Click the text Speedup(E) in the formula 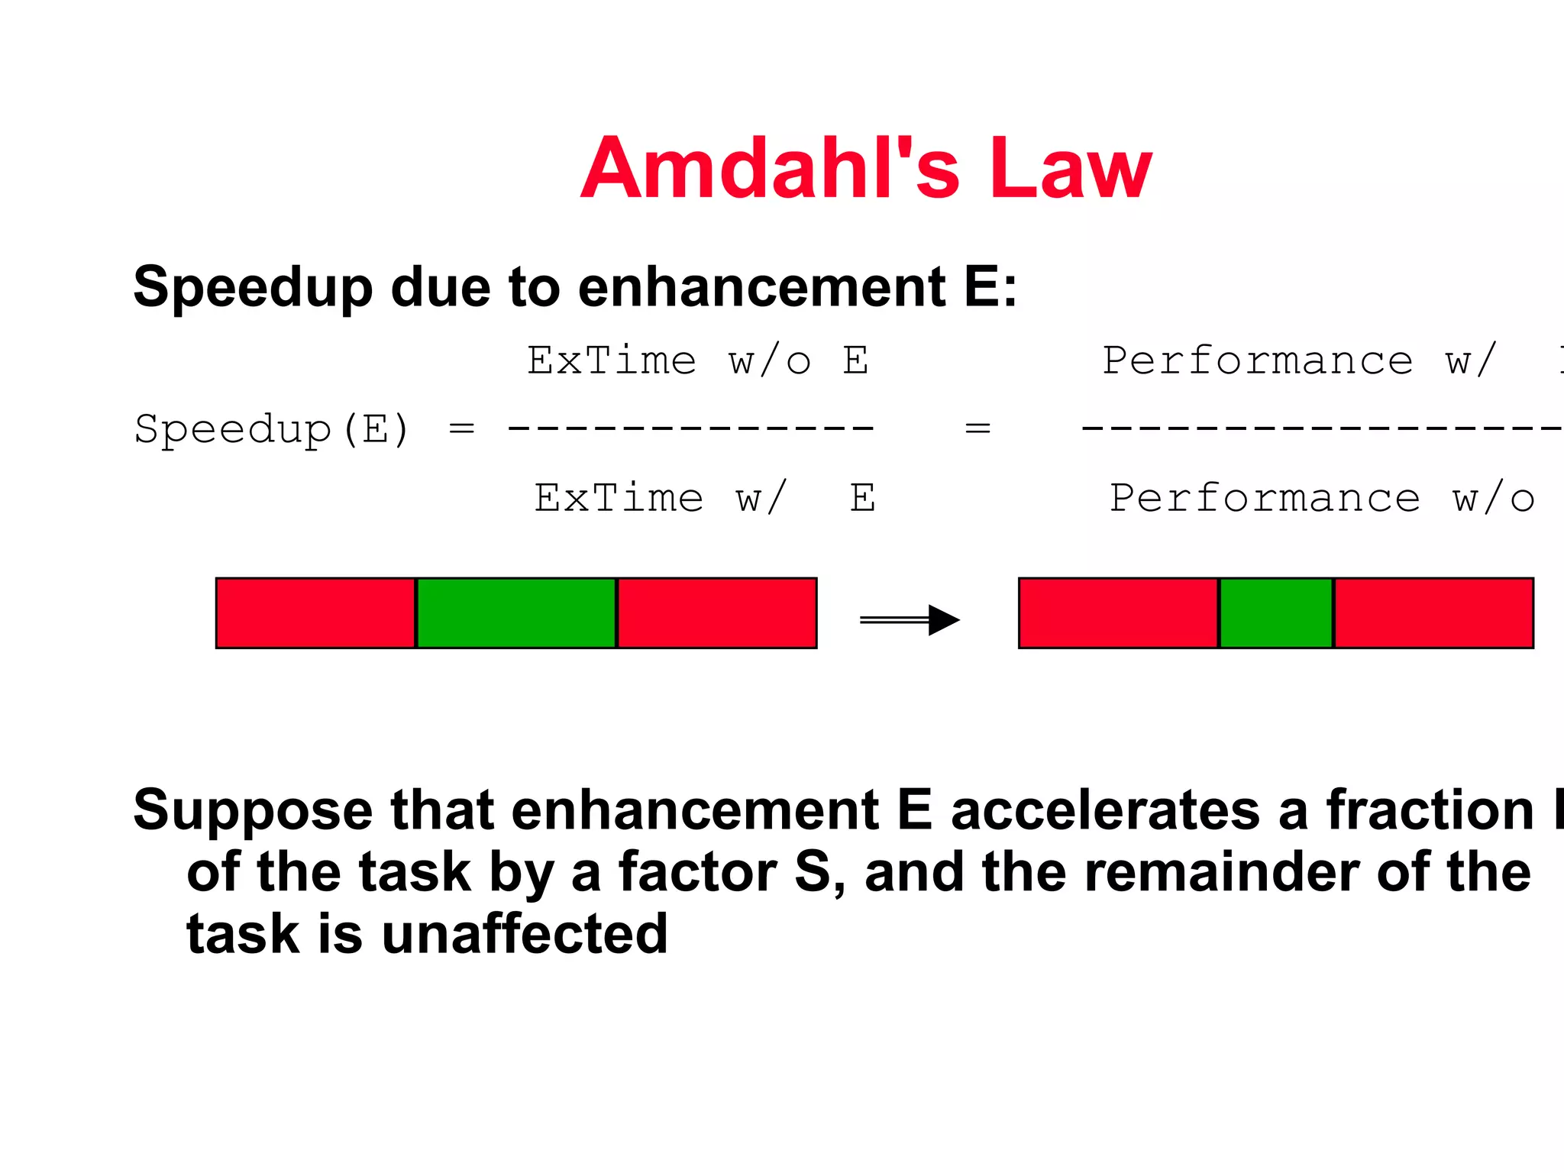272,428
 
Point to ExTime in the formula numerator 612,360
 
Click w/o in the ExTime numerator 769,360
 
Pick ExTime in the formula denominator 619,498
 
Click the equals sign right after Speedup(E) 461,428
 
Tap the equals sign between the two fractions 977,428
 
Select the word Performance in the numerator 1258,360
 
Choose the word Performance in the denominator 1265,498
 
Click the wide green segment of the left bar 516,613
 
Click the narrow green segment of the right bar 1276,613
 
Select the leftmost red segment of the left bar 315,613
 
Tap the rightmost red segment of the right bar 1433,613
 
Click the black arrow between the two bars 910,619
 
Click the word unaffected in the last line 525,934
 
